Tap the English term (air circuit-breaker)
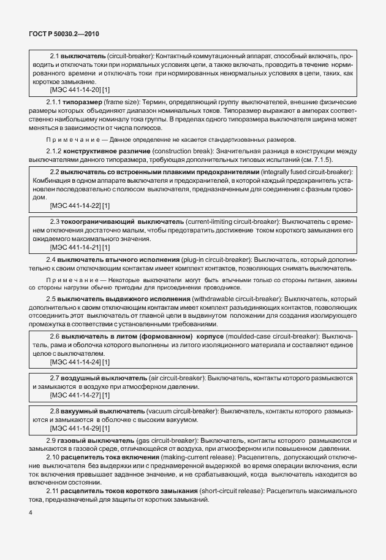tap(175, 378)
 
